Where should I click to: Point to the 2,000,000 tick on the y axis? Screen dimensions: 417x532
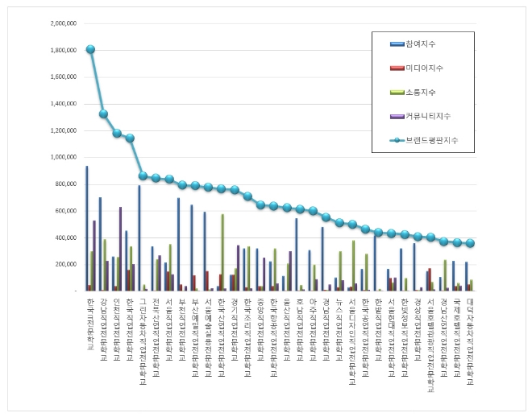click(x=63, y=23)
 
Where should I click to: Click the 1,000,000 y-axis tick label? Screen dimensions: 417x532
click(x=63, y=157)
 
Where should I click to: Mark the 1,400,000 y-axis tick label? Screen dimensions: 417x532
click(x=63, y=104)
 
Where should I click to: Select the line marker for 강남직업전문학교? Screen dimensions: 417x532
click(x=103, y=114)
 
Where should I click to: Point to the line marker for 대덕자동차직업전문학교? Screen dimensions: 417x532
click(x=470, y=243)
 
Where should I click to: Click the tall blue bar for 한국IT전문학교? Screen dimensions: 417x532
click(x=86, y=229)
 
